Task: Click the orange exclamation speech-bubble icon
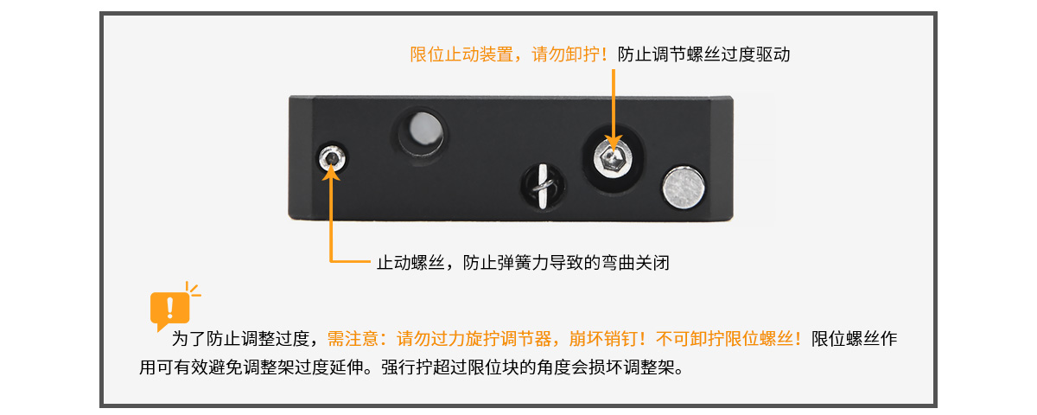170,308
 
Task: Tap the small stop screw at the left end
332,158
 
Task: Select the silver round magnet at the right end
684,188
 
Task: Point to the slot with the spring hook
543,186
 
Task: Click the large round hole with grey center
423,132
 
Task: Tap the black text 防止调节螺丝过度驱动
703,54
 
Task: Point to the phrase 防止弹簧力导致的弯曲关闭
566,263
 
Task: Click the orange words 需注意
353,339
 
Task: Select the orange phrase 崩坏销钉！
608,339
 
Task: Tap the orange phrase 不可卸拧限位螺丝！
728,339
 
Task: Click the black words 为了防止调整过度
240,339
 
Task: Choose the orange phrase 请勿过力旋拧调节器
474,339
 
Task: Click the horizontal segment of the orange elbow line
351,262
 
